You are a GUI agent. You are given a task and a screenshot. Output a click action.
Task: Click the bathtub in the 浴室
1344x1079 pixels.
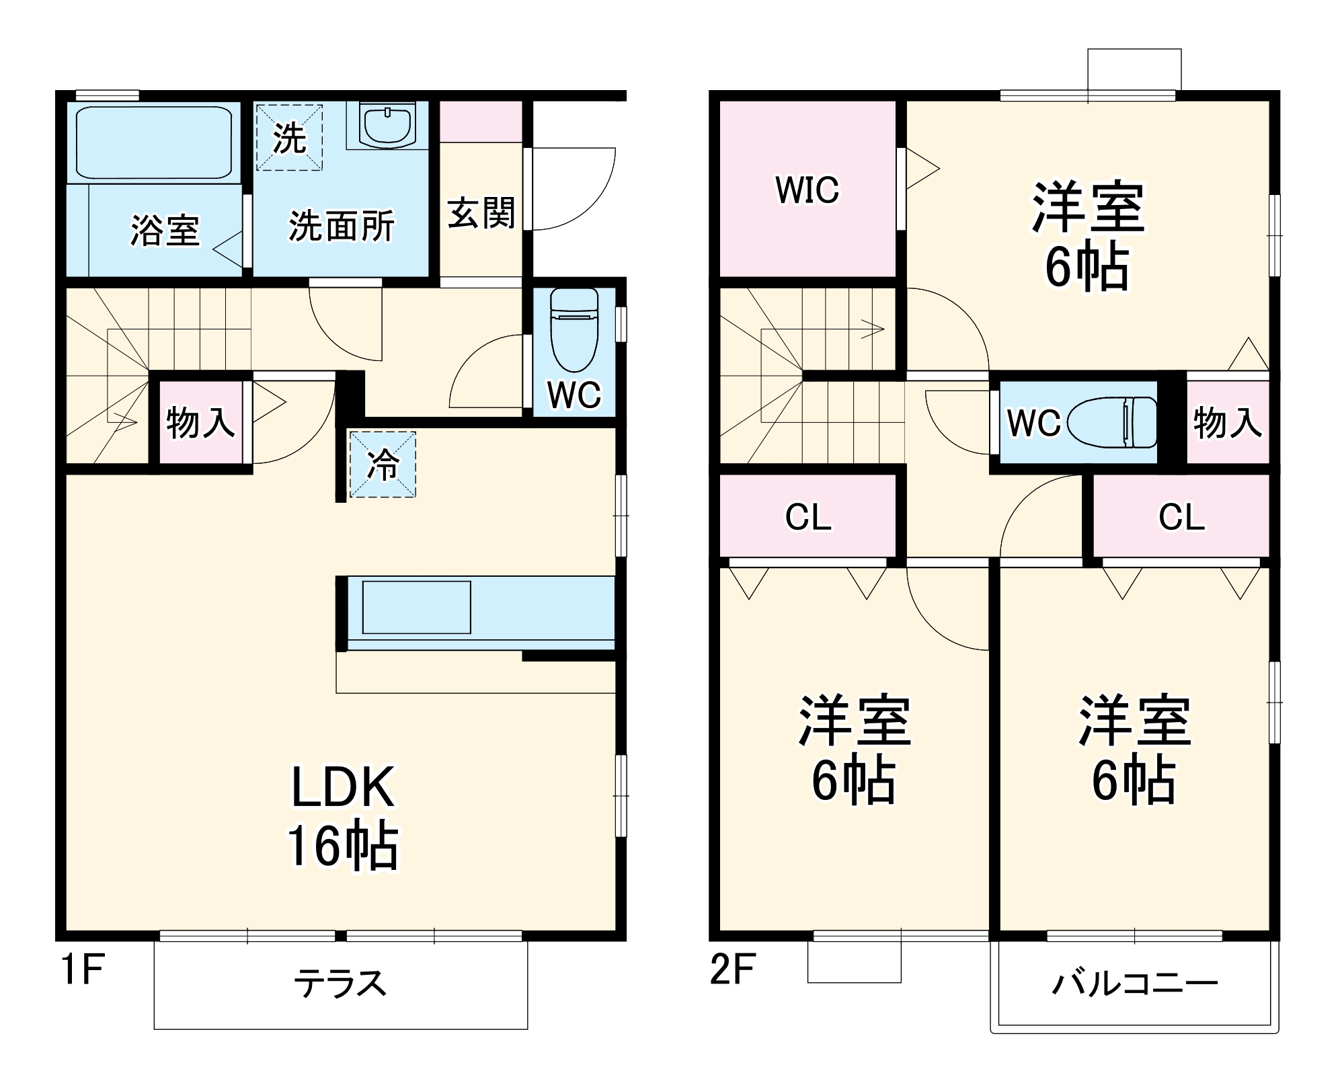(154, 142)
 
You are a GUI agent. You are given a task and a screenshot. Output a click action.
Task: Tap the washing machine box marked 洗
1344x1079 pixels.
(289, 138)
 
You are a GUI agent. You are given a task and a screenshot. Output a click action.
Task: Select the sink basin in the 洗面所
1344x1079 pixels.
(387, 124)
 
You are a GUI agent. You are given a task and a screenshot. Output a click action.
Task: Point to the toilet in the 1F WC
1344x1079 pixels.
(574, 329)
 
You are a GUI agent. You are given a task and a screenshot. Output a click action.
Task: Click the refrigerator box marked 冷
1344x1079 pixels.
(382, 465)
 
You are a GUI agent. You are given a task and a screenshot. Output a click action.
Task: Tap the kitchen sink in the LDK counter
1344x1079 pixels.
(416, 608)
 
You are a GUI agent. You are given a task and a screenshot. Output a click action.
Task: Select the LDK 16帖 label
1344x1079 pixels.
(342, 817)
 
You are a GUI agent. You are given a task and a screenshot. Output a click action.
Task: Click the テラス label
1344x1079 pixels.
(340, 984)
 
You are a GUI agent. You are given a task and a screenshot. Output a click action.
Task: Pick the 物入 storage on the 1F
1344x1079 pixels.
(200, 423)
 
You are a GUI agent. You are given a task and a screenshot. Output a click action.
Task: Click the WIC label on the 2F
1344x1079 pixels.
(807, 190)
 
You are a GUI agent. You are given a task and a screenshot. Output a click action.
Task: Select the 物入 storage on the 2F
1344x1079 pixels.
(1227, 423)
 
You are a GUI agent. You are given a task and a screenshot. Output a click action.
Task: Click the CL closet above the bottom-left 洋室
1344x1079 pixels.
(807, 517)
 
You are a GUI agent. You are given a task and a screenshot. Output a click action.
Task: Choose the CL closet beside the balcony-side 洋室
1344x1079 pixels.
(1181, 517)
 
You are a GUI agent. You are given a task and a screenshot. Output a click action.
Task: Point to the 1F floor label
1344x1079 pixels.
(82, 970)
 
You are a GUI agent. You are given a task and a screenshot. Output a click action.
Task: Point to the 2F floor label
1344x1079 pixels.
(732, 970)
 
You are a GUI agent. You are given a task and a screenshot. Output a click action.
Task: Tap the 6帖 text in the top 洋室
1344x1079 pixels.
(1086, 267)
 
